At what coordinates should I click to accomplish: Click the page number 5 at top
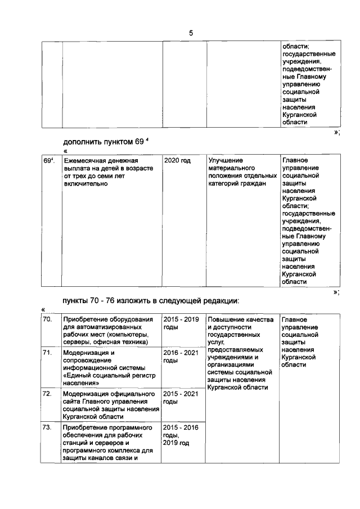[x=191, y=33]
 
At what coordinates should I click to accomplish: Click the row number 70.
[x=48, y=319]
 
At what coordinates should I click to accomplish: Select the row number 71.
[x=48, y=352]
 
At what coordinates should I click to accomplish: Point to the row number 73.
[x=48, y=427]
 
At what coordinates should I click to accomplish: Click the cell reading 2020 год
[x=177, y=160]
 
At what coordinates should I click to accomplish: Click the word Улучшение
[x=226, y=160]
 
